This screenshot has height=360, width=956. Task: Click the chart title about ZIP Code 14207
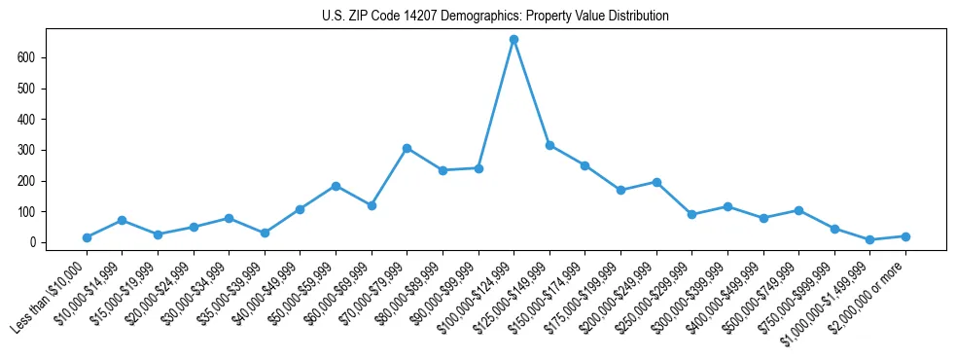pyautogui.click(x=495, y=17)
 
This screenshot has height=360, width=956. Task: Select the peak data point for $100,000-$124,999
pyautogui.click(x=513, y=40)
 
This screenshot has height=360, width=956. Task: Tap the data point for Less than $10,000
pyautogui.click(x=87, y=237)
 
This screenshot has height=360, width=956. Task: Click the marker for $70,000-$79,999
pyautogui.click(x=407, y=148)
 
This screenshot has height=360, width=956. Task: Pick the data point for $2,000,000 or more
pyautogui.click(x=905, y=236)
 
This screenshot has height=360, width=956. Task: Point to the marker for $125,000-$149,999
pyautogui.click(x=549, y=145)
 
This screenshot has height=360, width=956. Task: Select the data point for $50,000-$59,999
pyautogui.click(x=336, y=186)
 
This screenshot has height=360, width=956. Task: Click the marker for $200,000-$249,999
pyautogui.click(x=656, y=182)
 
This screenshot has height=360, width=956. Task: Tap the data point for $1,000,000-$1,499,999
pyautogui.click(x=869, y=239)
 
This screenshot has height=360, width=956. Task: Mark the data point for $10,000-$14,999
pyautogui.click(x=122, y=220)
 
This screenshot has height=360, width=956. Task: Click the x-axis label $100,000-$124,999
pyautogui.click(x=477, y=296)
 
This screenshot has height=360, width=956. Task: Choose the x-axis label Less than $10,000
pyautogui.click(x=51, y=296)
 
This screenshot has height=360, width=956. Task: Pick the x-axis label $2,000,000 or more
pyautogui.click(x=870, y=296)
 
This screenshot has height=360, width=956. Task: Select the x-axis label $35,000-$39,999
pyautogui.click(x=227, y=296)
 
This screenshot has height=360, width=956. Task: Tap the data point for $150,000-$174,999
pyautogui.click(x=584, y=165)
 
